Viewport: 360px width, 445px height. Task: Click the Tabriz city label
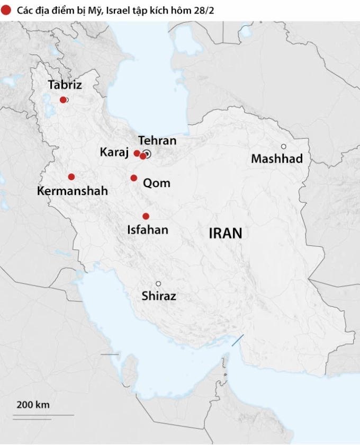point(65,85)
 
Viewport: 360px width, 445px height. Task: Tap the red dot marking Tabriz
point(63,100)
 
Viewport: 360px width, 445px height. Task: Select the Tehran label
point(157,140)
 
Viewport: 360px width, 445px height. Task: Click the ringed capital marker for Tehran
point(148,154)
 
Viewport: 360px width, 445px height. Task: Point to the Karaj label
point(114,153)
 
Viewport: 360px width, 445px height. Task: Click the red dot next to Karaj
point(137,153)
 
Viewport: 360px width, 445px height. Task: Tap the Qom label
point(157,183)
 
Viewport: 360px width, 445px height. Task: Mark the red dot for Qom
point(134,178)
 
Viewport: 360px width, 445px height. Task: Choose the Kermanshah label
point(73,191)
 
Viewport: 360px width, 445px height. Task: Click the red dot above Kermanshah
point(71,177)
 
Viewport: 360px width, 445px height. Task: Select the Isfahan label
point(148,229)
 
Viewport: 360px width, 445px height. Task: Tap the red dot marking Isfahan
point(146,216)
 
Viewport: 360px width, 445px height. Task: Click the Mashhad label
point(277,158)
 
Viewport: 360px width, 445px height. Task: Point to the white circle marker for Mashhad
point(284,146)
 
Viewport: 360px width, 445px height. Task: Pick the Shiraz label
point(159,297)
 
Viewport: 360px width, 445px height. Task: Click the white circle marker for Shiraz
point(158,283)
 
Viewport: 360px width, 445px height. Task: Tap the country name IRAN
point(225,233)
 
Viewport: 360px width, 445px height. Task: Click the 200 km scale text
point(33,405)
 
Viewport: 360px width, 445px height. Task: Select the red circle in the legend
point(6,10)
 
